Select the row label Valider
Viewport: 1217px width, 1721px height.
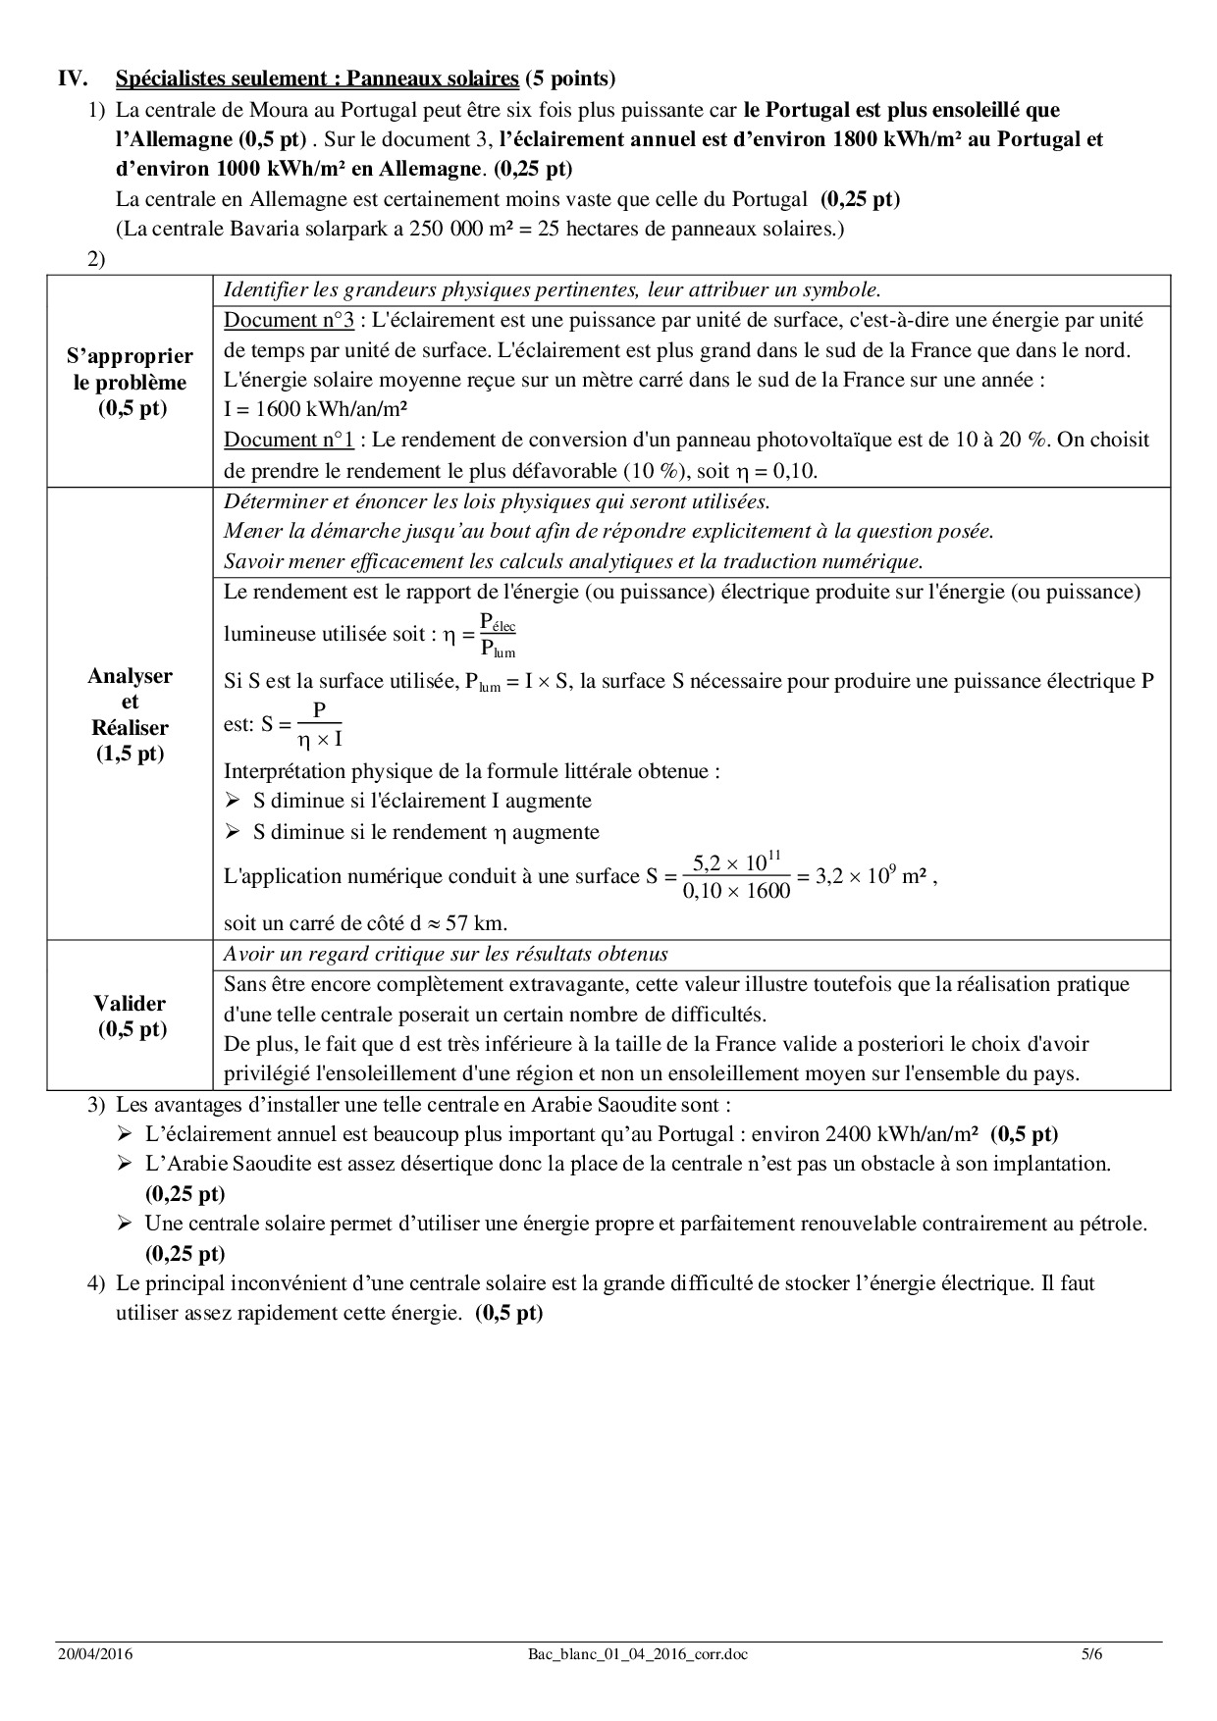click(130, 1016)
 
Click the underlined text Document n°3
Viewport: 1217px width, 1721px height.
click(289, 320)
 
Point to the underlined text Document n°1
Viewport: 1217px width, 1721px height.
click(289, 441)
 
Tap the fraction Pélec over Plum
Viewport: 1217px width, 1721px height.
click(497, 636)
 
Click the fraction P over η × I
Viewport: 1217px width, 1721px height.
click(319, 724)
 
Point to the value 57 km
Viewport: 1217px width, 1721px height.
click(489, 923)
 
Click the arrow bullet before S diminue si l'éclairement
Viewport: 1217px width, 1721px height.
click(233, 802)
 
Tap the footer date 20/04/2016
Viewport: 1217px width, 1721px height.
click(94, 1654)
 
